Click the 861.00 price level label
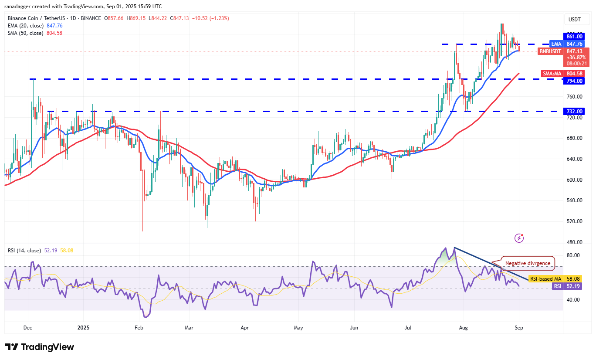(575, 37)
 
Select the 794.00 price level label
(575, 81)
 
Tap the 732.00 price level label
(575, 111)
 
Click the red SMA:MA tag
(552, 74)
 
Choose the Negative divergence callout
(528, 263)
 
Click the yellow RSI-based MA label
(545, 278)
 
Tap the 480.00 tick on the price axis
(574, 242)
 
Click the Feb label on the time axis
(139, 327)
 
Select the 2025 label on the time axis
(82, 327)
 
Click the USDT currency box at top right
(575, 19)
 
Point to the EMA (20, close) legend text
(25, 26)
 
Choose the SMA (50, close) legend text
(25, 33)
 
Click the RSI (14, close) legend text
(24, 251)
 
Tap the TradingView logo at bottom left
(40, 347)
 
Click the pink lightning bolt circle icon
(519, 238)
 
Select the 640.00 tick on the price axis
(574, 159)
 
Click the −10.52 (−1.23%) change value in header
(211, 18)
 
